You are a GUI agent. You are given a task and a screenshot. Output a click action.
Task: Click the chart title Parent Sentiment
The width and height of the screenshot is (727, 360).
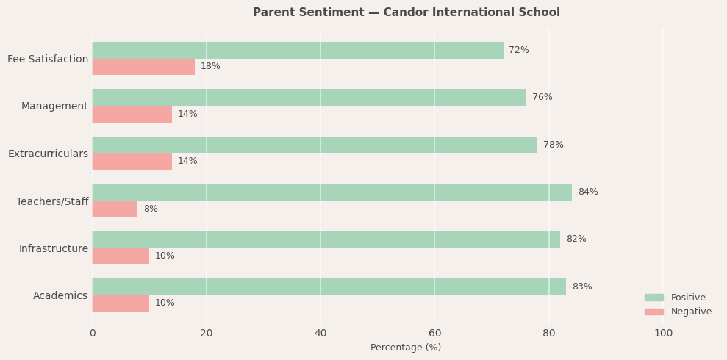coord(406,12)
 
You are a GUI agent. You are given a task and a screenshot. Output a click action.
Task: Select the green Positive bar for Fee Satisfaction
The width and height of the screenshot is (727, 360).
coord(298,51)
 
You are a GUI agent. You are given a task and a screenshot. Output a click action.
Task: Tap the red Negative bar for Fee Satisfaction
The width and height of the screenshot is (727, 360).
coord(143,67)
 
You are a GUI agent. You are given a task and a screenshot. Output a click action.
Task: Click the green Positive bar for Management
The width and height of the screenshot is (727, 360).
coord(309,98)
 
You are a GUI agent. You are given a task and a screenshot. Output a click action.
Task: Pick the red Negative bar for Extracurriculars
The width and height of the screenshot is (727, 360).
coord(132,162)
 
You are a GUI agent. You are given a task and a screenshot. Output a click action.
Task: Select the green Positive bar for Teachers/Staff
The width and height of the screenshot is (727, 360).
coord(332,192)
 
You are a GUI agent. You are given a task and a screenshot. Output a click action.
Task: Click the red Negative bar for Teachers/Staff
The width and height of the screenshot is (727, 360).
coord(115,209)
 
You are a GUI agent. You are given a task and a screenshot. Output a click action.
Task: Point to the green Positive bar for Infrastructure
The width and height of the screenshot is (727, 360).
coord(326,240)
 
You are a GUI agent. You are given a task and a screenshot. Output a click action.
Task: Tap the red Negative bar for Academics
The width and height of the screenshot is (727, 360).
coord(121,303)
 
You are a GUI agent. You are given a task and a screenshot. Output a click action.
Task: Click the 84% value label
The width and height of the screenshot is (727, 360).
coord(587,192)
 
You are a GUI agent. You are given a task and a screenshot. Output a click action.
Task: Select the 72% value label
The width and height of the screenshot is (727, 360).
coord(519,51)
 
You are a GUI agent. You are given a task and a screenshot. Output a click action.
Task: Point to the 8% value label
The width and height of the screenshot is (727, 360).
coord(151,209)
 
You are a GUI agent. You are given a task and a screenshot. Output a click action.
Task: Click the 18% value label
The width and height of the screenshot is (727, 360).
coord(210,67)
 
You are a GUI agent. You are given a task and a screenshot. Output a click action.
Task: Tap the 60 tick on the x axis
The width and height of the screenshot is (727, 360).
coord(435,334)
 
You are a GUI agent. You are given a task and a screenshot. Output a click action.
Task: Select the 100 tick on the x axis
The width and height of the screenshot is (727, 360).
coord(663,334)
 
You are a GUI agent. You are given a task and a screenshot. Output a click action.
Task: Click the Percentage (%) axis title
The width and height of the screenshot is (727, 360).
coord(406,348)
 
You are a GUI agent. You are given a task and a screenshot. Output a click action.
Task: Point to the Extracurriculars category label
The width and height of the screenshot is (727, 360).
coord(48,154)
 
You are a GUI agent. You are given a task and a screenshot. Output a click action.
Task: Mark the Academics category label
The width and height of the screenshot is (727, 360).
coord(60,296)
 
